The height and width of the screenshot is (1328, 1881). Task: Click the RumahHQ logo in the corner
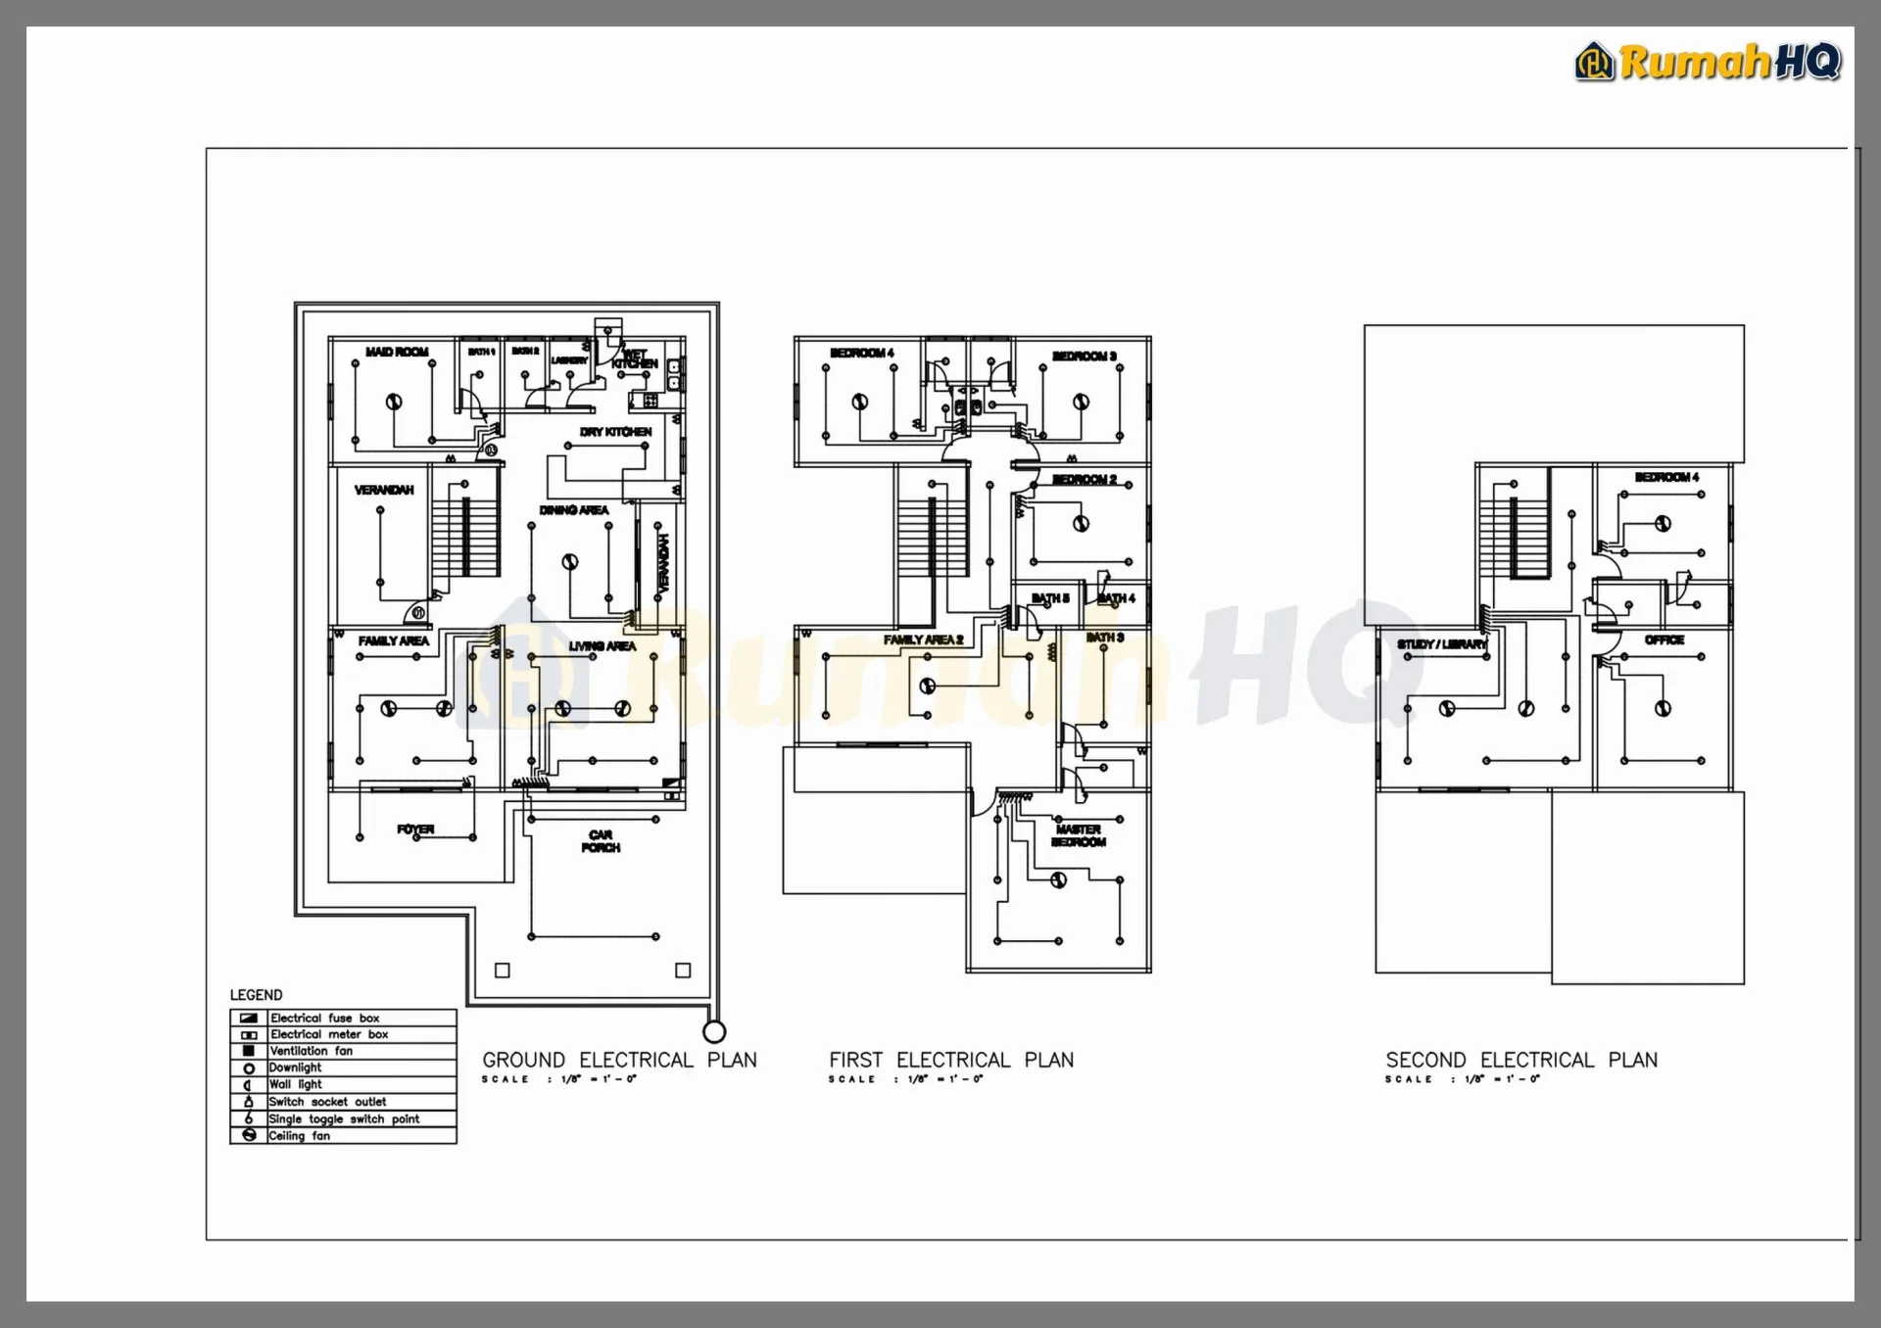pos(1708,62)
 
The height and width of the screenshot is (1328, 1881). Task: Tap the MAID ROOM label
pos(397,352)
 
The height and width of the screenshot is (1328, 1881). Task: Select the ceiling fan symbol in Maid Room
pos(394,402)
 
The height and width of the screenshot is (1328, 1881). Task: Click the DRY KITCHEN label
pos(615,432)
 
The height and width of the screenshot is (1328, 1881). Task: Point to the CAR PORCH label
pos(601,841)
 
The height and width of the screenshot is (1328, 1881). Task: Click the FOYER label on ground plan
pos(415,830)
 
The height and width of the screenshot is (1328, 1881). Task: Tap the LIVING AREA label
pos(602,646)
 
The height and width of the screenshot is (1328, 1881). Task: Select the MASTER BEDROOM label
pos(1079,835)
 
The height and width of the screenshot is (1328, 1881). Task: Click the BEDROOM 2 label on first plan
pos(1085,479)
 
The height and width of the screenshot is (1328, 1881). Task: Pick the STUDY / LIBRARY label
pos(1441,644)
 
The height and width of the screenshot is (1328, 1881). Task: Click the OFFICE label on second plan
pos(1664,640)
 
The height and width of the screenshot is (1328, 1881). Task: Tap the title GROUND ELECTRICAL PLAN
pos(619,1060)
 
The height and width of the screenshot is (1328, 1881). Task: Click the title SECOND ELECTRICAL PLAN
pos(1521,1060)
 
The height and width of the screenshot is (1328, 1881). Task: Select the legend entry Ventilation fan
pos(311,1051)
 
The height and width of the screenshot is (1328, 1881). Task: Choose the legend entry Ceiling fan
pos(299,1136)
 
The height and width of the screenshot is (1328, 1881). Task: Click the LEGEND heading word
pos(256,995)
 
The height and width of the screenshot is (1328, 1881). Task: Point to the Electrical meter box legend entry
pos(329,1034)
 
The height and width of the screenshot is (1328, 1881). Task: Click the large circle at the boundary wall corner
pos(714,1031)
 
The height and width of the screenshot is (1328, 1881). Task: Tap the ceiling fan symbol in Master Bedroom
pos(1058,880)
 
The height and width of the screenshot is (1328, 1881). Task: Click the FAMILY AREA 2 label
pos(923,640)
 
